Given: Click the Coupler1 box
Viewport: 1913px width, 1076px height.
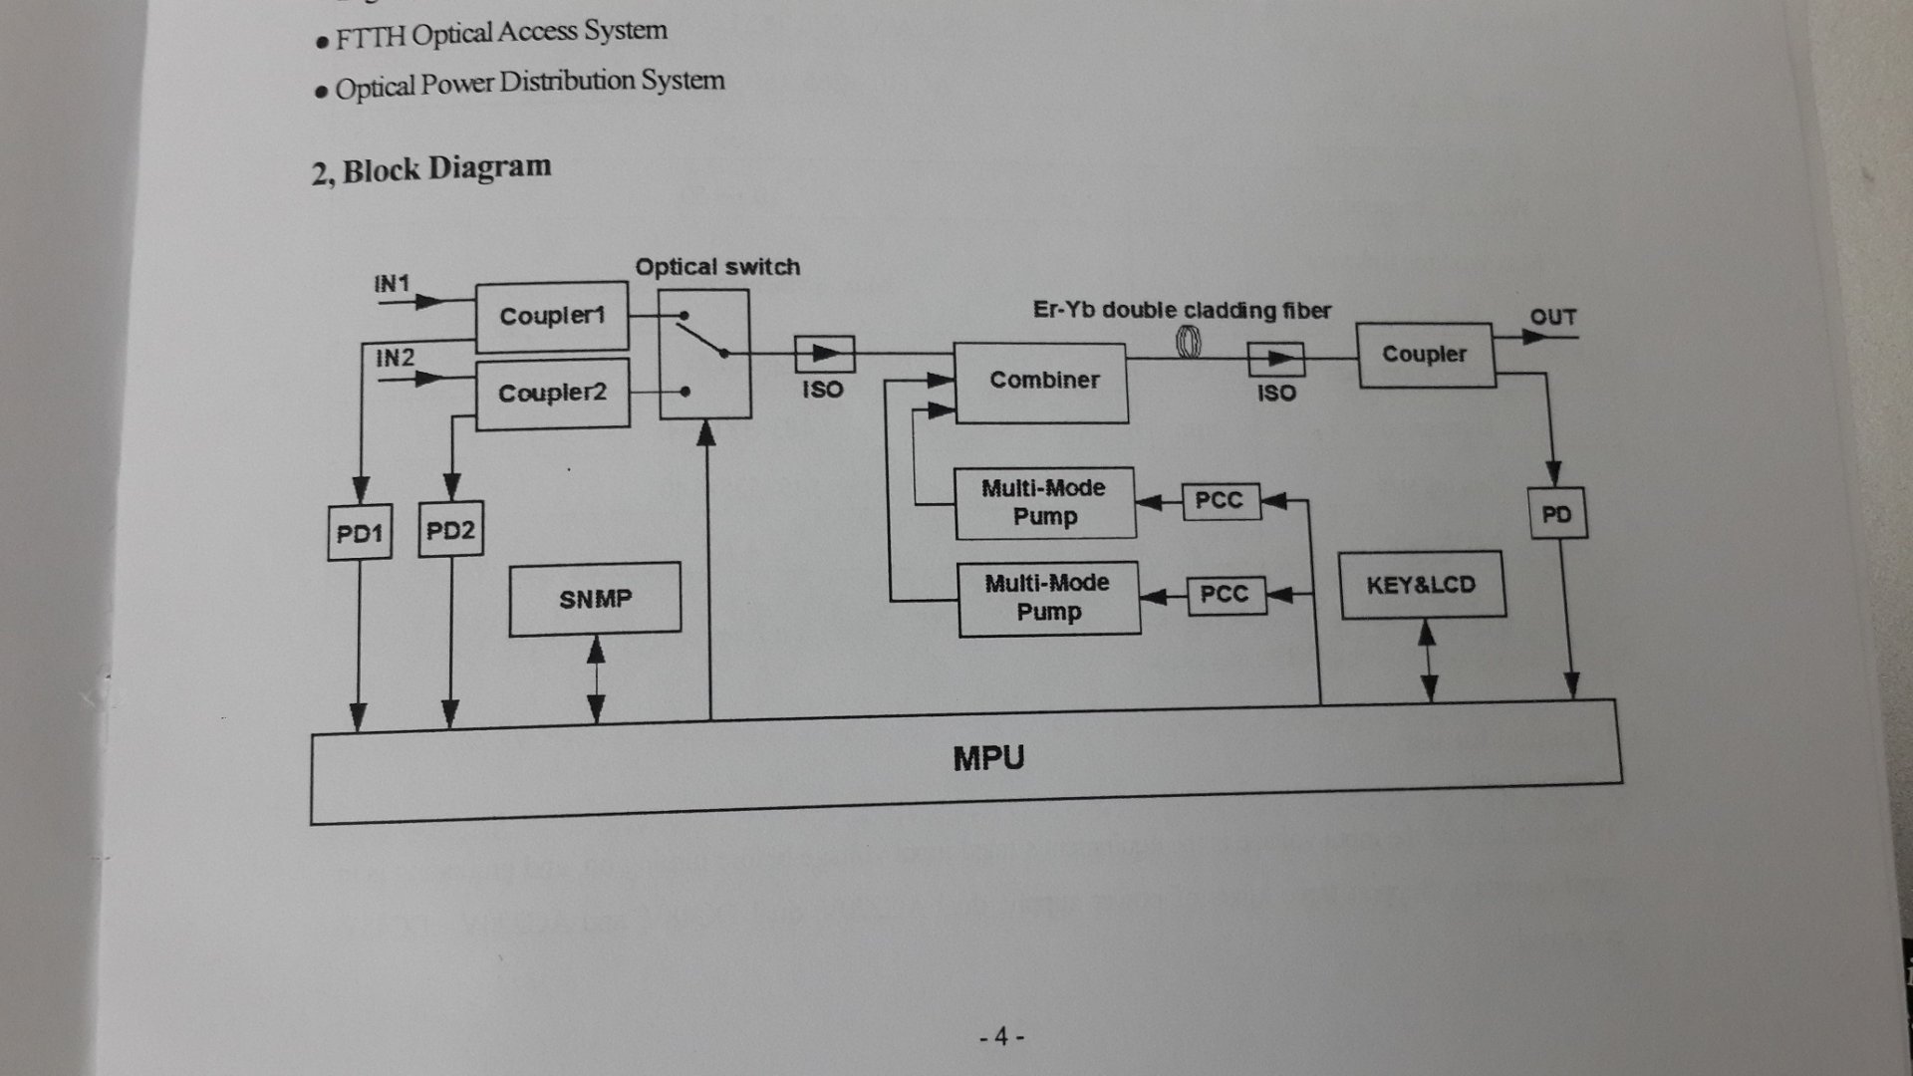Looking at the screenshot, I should (x=552, y=317).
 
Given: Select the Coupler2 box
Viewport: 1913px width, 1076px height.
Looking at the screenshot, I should (x=553, y=394).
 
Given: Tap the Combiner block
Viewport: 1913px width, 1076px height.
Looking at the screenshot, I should (x=1042, y=382).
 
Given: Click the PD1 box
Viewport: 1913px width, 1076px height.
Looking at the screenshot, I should (x=360, y=533).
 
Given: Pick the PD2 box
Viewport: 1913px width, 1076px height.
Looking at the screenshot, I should (x=450, y=530).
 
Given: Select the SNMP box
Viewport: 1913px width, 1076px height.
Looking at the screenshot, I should (x=595, y=599).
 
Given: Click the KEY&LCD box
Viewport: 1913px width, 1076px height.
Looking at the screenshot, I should (x=1422, y=586).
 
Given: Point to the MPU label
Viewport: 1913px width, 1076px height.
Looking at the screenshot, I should (x=988, y=759).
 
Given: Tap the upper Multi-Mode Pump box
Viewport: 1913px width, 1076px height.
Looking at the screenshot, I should (x=1044, y=503).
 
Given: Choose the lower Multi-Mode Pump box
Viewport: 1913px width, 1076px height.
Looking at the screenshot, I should (x=1048, y=598).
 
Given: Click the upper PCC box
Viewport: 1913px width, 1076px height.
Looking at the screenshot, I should (x=1220, y=500).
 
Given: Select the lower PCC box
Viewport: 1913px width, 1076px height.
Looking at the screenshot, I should (x=1226, y=595).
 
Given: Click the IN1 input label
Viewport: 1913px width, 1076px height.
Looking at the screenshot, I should (x=392, y=284).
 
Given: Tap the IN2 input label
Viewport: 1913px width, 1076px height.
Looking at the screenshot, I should (x=395, y=358).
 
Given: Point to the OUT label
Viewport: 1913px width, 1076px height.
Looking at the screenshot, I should (x=1552, y=318).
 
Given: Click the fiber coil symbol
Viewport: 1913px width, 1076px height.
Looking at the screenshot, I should (x=1190, y=343).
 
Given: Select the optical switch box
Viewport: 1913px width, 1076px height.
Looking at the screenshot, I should (x=704, y=354).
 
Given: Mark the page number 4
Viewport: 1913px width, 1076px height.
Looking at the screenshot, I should (x=1001, y=1037).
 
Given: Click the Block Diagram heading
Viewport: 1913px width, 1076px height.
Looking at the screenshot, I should (x=431, y=169).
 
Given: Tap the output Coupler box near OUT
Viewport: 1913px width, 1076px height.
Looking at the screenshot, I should (x=1425, y=355).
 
